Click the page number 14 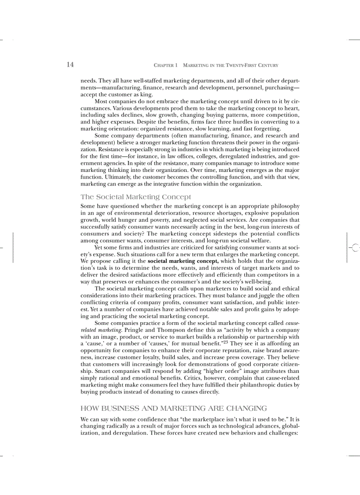point(70,65)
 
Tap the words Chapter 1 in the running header point(165,65)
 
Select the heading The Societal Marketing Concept point(136,197)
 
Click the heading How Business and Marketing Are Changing point(174,408)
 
